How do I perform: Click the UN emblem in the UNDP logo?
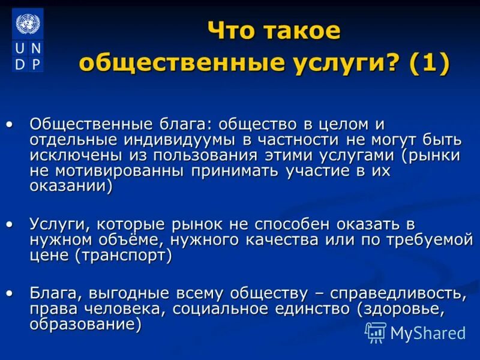[x=27, y=25]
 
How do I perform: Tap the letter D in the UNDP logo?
[x=20, y=64]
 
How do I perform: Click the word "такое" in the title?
[x=303, y=31]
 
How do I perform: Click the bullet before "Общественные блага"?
[x=9, y=125]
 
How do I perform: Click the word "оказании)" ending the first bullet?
[x=71, y=186]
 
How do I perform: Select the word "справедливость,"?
[x=396, y=294]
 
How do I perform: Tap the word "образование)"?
[x=86, y=325]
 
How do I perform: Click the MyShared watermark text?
[x=428, y=332]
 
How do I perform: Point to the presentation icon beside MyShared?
[x=376, y=332]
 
